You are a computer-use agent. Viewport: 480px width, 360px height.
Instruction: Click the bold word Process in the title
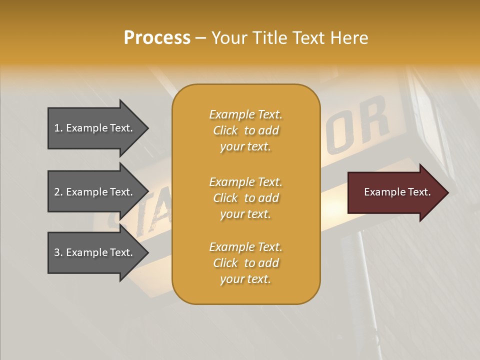coord(157,38)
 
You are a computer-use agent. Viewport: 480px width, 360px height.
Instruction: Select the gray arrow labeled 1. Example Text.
coord(95,128)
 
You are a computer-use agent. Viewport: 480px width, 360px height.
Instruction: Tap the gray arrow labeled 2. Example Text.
coord(95,192)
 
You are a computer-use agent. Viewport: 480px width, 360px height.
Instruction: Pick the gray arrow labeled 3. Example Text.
coord(95,252)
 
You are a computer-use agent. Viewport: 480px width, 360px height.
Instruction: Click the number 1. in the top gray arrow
coord(58,128)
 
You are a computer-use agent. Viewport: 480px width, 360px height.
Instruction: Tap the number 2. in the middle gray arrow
coord(58,192)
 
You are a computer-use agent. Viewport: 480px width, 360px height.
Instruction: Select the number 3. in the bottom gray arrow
coord(58,252)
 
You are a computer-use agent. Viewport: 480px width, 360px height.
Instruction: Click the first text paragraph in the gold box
coord(245,130)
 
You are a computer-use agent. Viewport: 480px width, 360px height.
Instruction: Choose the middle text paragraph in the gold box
coord(245,198)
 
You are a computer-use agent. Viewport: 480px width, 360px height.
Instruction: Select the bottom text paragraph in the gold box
coord(245,263)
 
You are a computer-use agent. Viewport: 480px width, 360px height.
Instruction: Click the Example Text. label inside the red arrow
coord(397,192)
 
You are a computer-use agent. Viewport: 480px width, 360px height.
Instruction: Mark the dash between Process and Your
coord(200,38)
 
